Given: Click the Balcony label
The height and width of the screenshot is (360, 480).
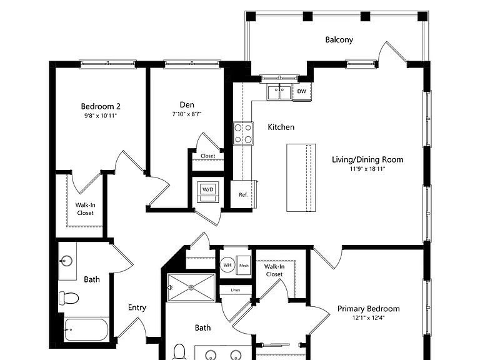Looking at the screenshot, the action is [339, 40].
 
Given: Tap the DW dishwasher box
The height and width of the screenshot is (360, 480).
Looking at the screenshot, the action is [302, 91].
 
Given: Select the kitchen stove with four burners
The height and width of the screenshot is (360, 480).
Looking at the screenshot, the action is [243, 134].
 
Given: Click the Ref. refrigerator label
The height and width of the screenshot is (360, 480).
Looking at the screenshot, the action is [243, 195].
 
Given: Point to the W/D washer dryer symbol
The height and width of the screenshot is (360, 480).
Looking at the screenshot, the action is [208, 192].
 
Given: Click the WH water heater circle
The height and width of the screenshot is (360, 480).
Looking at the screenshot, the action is [227, 265].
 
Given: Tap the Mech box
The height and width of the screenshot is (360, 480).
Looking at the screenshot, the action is [244, 266].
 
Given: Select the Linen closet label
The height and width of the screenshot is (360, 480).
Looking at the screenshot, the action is [236, 290].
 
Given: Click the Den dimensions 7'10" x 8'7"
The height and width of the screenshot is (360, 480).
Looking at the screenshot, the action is [187, 114].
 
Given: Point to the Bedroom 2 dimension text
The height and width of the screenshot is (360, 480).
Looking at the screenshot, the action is [101, 116].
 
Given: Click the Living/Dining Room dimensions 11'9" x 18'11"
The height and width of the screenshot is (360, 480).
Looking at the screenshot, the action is [367, 169].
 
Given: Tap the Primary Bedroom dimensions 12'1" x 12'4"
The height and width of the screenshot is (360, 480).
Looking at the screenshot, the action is [368, 317].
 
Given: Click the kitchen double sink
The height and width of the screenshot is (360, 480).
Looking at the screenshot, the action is [279, 92].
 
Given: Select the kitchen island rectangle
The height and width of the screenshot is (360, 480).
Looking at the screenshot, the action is [301, 177].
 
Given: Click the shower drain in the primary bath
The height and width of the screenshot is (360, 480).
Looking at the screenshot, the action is [191, 287].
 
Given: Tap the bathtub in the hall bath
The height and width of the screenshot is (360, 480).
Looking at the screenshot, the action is [86, 330].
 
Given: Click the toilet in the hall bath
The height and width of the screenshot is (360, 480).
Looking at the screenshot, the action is [69, 298].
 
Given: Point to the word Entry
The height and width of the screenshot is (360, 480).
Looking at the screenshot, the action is [137, 307].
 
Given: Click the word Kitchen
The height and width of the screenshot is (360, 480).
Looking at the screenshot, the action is [281, 127].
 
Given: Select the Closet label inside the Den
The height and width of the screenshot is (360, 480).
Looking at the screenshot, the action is [208, 156].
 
